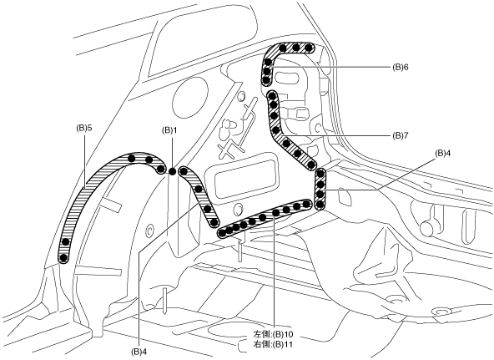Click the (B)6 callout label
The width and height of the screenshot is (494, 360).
pyautogui.click(x=400, y=67)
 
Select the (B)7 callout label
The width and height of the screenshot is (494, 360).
pyautogui.click(x=400, y=135)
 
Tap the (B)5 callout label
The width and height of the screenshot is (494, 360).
pyautogui.click(x=84, y=129)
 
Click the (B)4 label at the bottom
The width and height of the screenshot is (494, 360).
pyautogui.click(x=139, y=351)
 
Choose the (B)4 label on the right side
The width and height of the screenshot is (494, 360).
pyautogui.click(x=442, y=153)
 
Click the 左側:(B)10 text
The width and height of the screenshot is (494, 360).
pyautogui.click(x=273, y=334)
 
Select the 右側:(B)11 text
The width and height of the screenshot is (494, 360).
pyautogui.click(x=273, y=344)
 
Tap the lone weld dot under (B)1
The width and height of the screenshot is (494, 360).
pyautogui.click(x=172, y=171)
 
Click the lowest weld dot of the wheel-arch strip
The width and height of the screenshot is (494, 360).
pyautogui.click(x=63, y=258)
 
